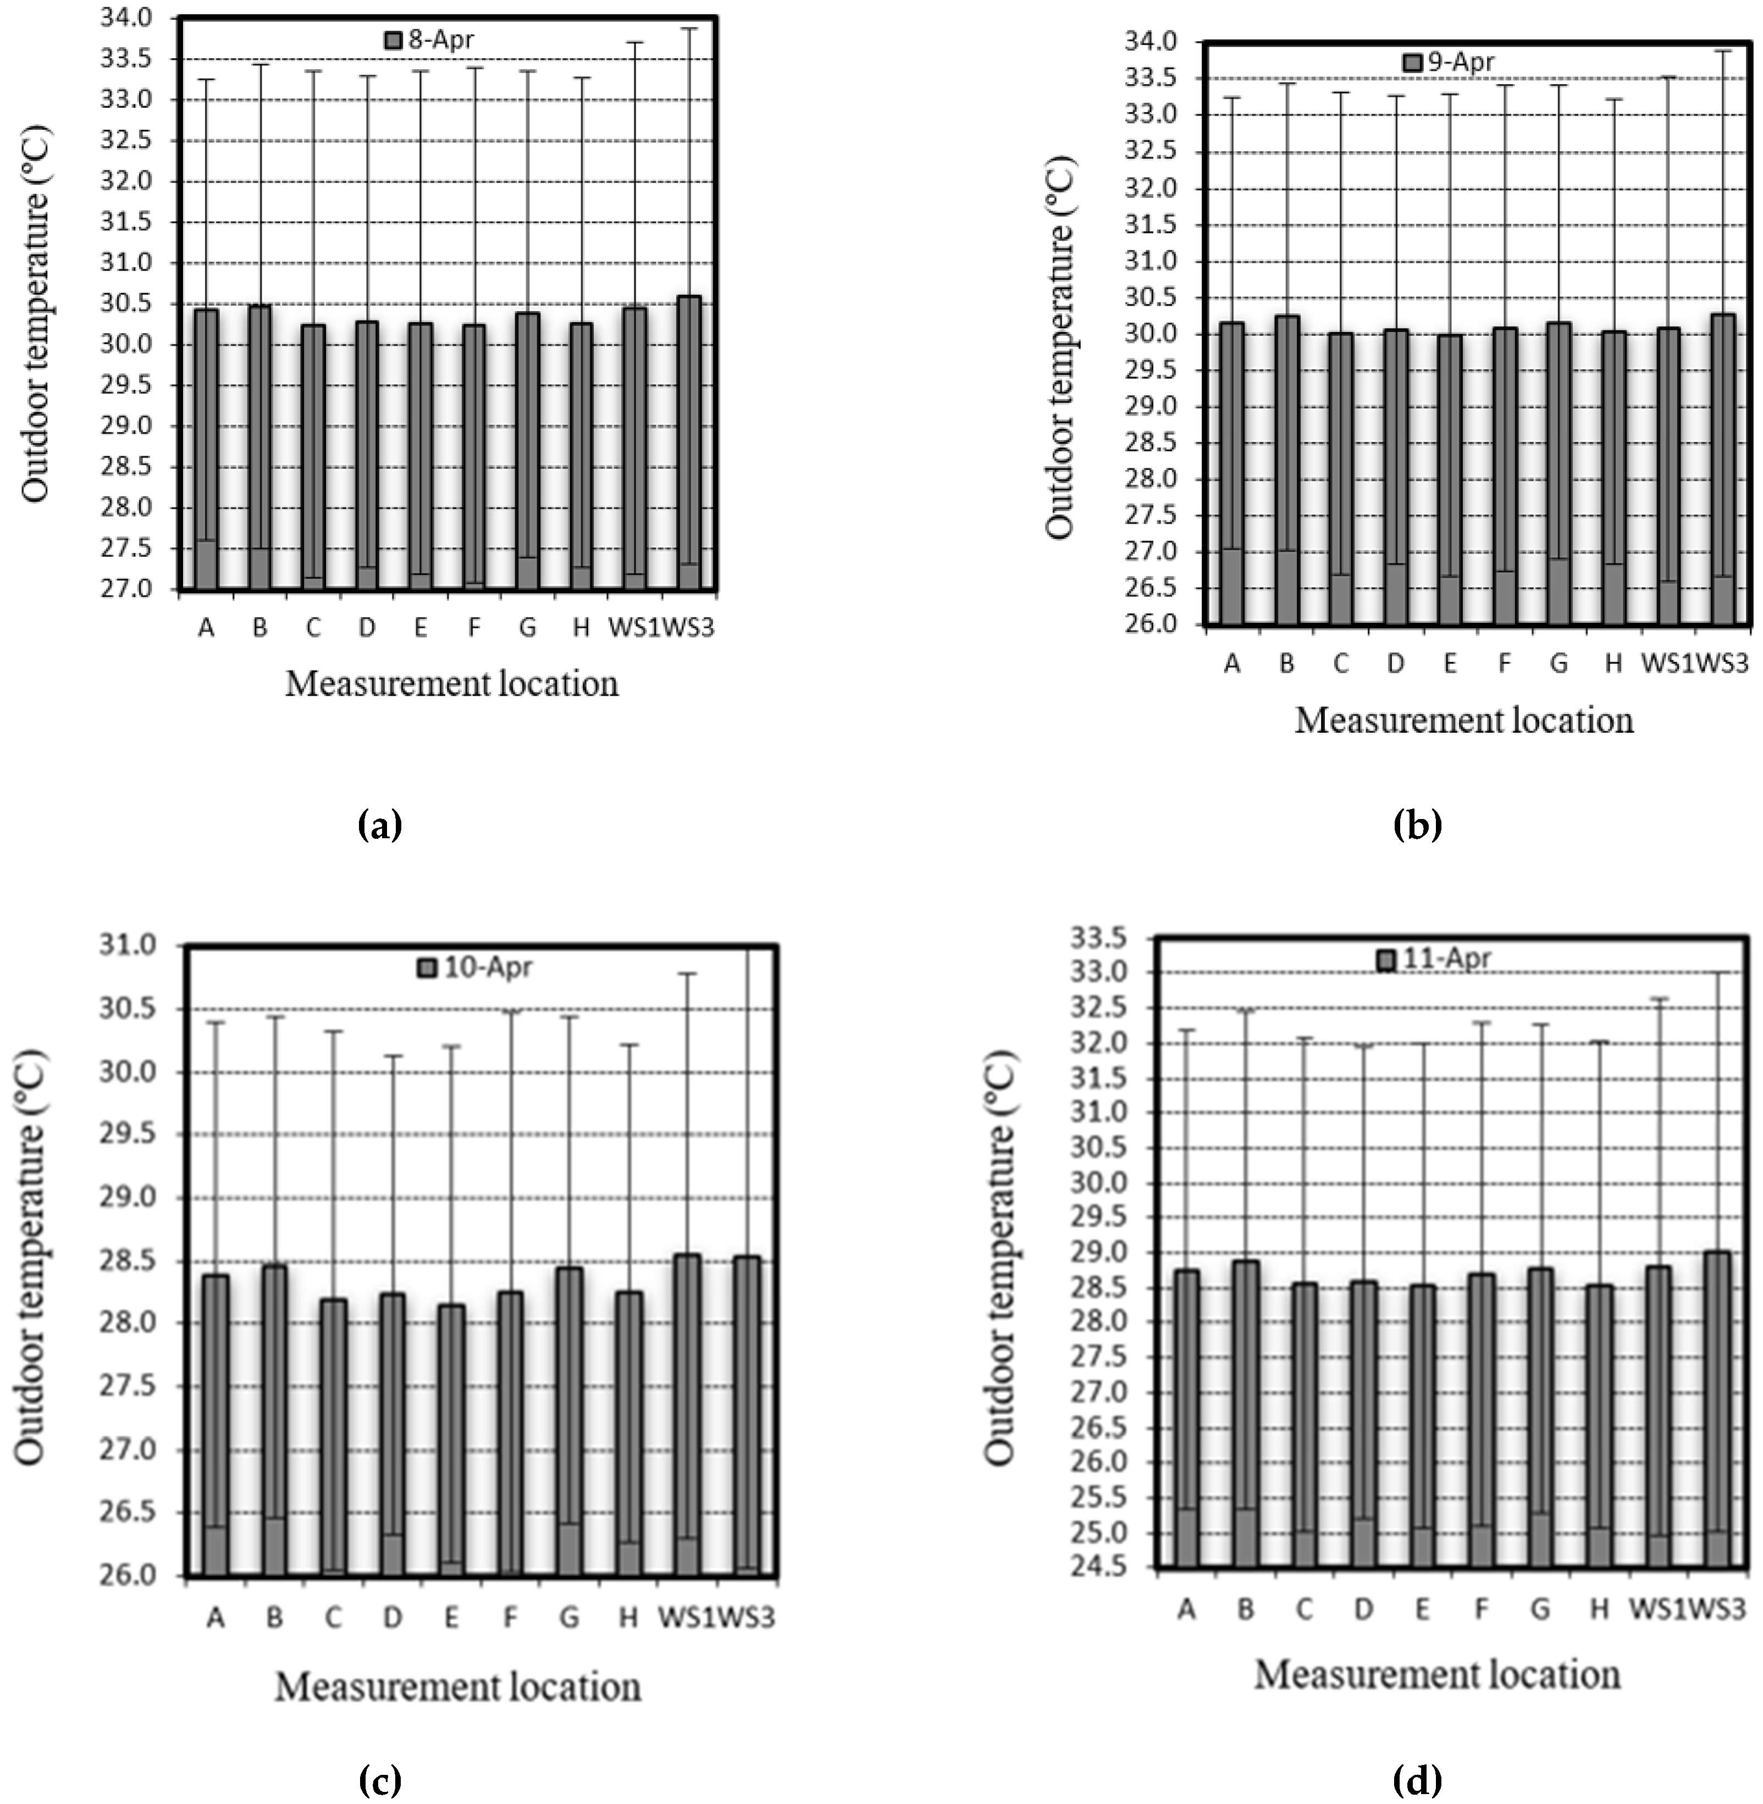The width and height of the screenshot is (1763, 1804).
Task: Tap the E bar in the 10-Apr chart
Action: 452,1440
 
